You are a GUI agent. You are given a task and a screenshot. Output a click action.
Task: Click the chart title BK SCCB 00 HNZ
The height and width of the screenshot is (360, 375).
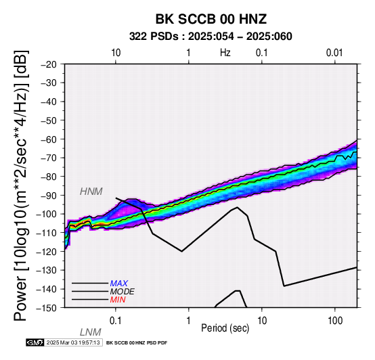pyautogui.click(x=211, y=19)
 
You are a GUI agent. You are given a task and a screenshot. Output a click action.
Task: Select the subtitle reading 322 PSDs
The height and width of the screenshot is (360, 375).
pyautogui.click(x=154, y=37)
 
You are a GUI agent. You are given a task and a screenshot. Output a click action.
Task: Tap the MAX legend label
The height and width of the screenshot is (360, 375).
pyautogui.click(x=118, y=284)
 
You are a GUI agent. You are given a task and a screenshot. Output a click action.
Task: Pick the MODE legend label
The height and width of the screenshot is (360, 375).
pyautogui.click(x=123, y=292)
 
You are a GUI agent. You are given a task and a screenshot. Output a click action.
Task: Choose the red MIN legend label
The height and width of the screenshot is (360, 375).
pyautogui.click(x=118, y=300)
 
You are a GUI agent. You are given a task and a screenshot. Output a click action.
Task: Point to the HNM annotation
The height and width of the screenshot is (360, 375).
pyautogui.click(x=91, y=192)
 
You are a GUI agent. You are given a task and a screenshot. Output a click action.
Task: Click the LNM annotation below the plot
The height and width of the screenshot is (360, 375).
pyautogui.click(x=91, y=332)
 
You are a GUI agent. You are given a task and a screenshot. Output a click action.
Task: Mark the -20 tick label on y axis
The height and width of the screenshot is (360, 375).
pyautogui.click(x=49, y=64)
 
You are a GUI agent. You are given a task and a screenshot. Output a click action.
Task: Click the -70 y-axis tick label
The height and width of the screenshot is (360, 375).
pyautogui.click(x=49, y=158)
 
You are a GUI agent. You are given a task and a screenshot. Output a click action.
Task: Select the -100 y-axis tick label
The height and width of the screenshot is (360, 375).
pyautogui.click(x=47, y=214)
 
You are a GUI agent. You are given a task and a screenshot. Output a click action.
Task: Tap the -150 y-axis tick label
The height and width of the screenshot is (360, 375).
pyautogui.click(x=47, y=308)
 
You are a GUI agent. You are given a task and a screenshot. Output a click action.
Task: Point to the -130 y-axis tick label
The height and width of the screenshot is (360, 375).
pyautogui.click(x=47, y=271)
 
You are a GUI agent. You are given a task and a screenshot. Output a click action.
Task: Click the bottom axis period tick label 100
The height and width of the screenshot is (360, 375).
pyautogui.click(x=335, y=320)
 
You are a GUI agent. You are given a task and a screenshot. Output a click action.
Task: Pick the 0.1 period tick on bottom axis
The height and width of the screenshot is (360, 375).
pyautogui.click(x=116, y=320)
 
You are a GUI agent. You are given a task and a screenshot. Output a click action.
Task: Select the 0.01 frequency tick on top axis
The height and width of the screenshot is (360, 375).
pyautogui.click(x=334, y=53)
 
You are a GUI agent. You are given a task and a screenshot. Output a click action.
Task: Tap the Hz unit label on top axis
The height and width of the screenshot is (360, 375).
pyautogui.click(x=225, y=53)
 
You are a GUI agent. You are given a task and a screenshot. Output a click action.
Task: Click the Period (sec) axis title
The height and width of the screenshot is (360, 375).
pyautogui.click(x=225, y=328)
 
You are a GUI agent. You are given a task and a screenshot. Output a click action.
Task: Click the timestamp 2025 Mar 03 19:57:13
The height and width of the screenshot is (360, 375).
pyautogui.click(x=73, y=342)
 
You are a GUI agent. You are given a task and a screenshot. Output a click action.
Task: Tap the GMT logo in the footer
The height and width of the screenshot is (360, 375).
pyautogui.click(x=35, y=342)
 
